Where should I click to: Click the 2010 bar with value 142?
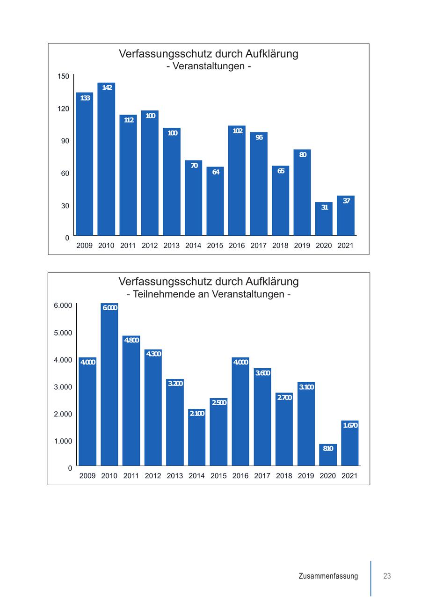(x=106, y=159)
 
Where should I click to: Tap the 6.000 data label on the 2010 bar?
(x=110, y=307)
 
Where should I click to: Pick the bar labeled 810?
(x=328, y=455)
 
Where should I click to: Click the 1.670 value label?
(x=350, y=425)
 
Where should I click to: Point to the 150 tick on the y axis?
(x=63, y=76)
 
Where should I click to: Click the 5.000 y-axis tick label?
(x=63, y=333)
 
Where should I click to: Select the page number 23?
(x=387, y=576)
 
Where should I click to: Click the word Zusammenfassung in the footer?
(x=328, y=576)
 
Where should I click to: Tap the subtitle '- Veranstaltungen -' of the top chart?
(x=209, y=66)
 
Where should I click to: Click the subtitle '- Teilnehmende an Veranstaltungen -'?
(x=209, y=294)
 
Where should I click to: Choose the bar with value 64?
(x=215, y=201)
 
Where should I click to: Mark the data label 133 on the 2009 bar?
(x=85, y=98)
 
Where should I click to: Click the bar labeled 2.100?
(x=196, y=437)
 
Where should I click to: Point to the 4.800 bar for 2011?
(x=131, y=400)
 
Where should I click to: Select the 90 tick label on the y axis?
(x=65, y=141)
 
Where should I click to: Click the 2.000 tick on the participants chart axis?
(x=63, y=414)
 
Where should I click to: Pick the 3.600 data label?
(x=262, y=373)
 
